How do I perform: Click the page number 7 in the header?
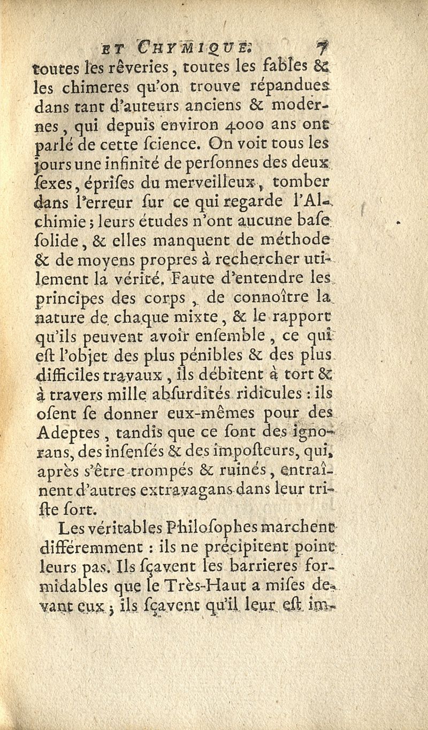[x=321, y=48]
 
